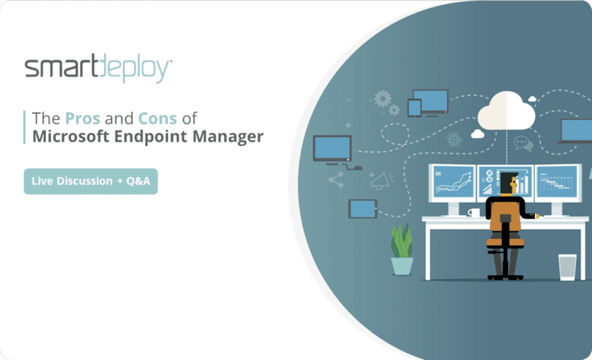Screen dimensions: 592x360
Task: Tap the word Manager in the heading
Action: [227, 137]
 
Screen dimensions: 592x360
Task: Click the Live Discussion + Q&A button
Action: [91, 181]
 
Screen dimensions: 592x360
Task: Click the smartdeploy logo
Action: [98, 70]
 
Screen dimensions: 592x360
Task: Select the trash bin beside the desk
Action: [567, 266]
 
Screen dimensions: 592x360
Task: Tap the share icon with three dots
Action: [336, 179]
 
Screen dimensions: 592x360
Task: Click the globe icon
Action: [455, 140]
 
